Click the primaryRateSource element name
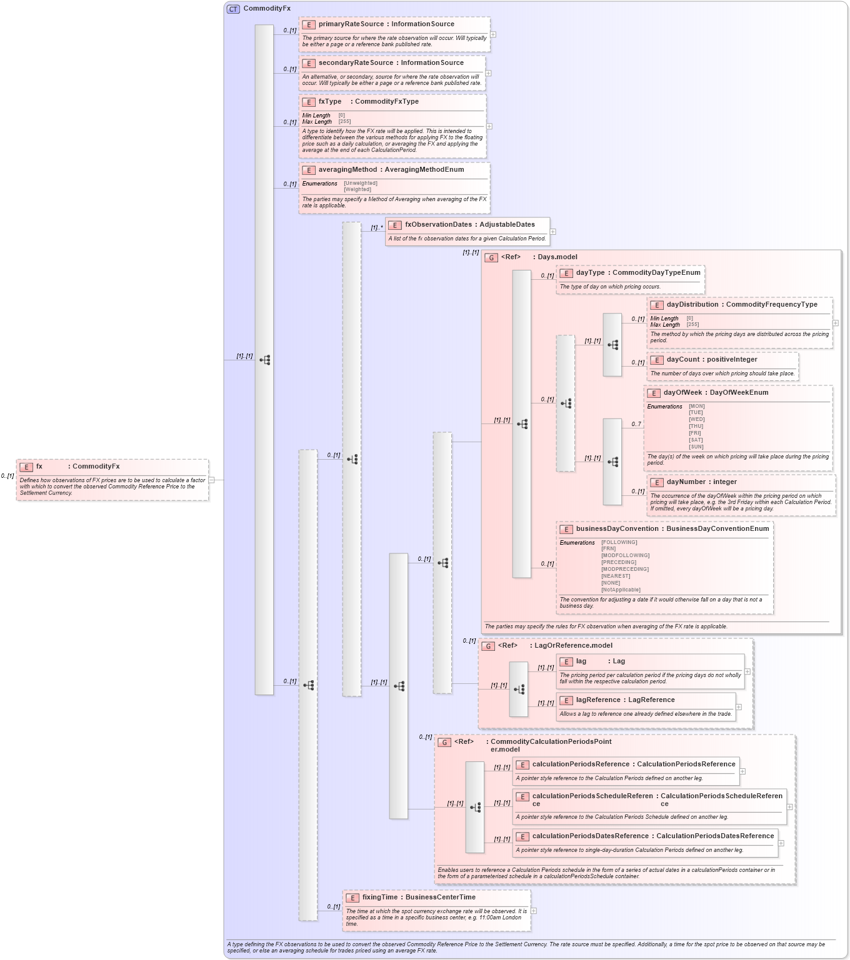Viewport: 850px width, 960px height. [x=350, y=24]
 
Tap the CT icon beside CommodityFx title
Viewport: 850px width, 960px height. [x=233, y=9]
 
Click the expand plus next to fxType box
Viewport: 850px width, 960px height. [x=489, y=126]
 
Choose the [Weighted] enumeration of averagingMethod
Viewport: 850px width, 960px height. [x=357, y=190]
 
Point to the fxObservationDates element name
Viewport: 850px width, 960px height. [x=438, y=225]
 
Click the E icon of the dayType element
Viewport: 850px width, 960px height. [x=566, y=273]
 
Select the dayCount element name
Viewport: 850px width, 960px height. [x=683, y=360]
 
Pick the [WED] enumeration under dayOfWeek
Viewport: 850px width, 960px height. [x=696, y=420]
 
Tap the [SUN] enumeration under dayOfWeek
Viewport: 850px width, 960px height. [x=696, y=447]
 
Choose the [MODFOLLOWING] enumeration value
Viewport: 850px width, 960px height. [x=625, y=556]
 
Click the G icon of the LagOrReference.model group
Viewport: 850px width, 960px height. [x=488, y=646]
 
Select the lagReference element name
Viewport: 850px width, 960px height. [x=597, y=700]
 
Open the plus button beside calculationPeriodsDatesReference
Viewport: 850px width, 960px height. [x=781, y=843]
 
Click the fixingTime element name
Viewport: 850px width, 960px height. [x=379, y=898]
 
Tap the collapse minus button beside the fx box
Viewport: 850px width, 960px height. [x=211, y=480]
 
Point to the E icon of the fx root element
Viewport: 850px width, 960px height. [x=26, y=467]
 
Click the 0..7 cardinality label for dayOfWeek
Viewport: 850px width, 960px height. [x=636, y=425]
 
